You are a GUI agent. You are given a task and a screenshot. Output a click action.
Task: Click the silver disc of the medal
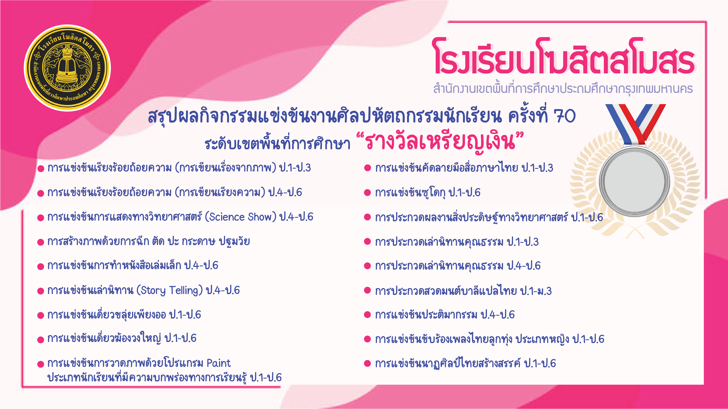coord(634,181)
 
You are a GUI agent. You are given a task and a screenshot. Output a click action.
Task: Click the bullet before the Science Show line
coord(41,218)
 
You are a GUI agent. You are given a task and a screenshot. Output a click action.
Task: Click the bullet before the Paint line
coord(41,364)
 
